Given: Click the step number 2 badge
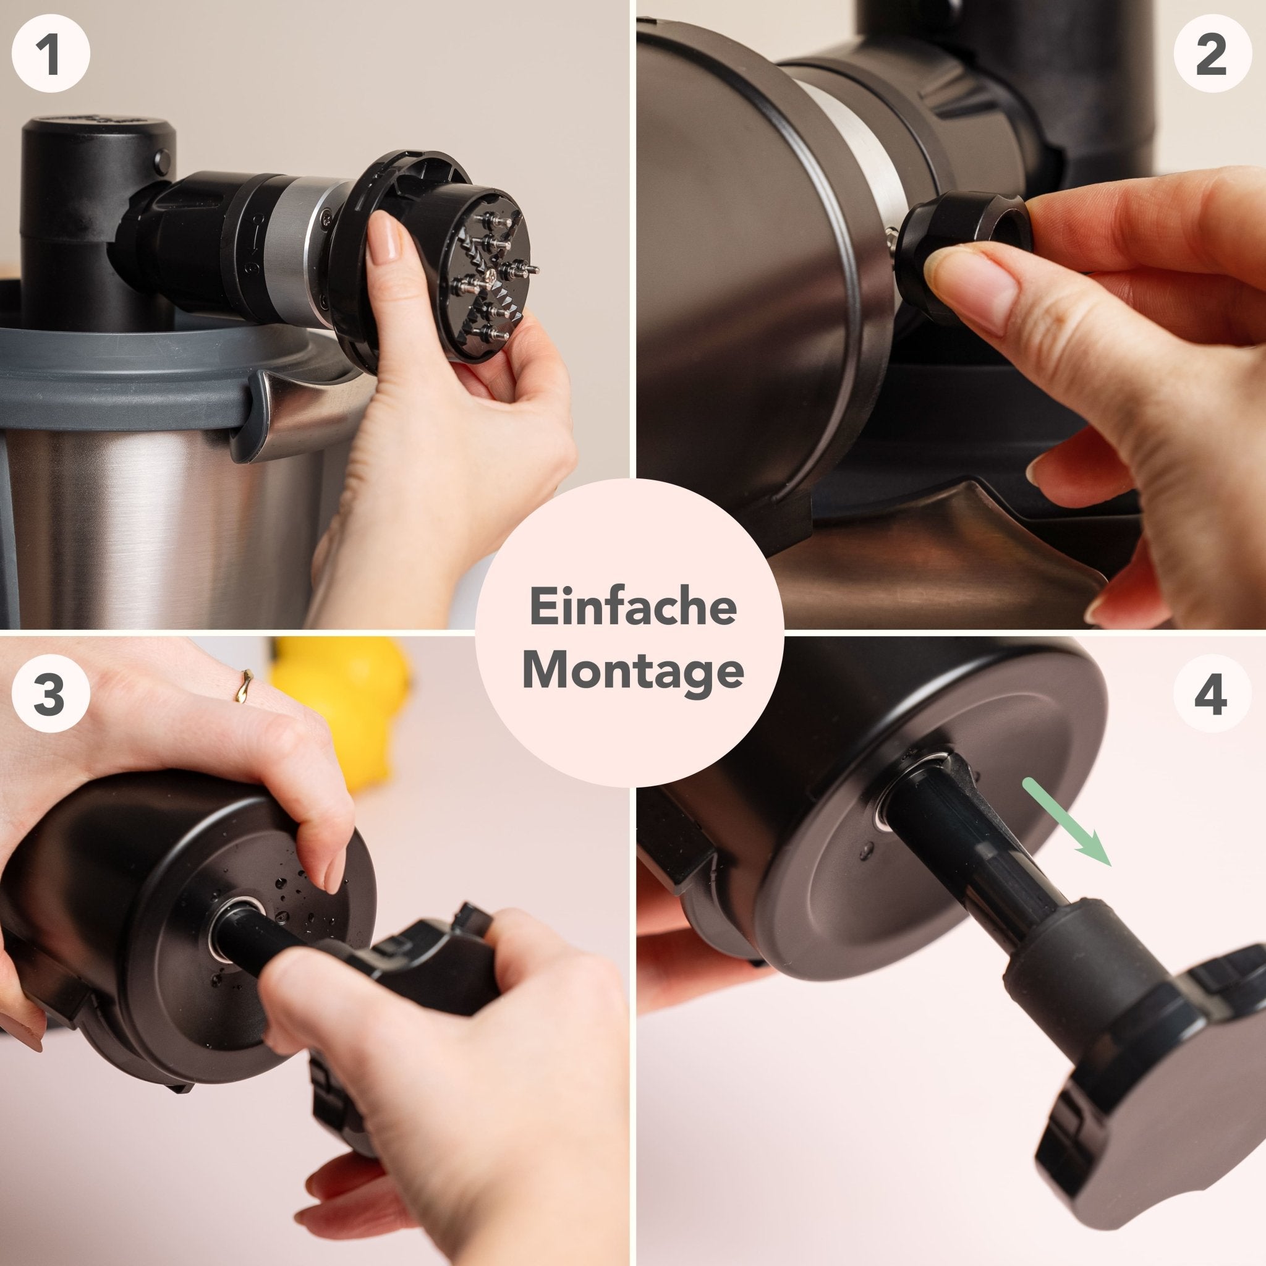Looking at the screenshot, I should click(1210, 56).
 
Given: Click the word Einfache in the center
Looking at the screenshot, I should click(632, 608).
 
